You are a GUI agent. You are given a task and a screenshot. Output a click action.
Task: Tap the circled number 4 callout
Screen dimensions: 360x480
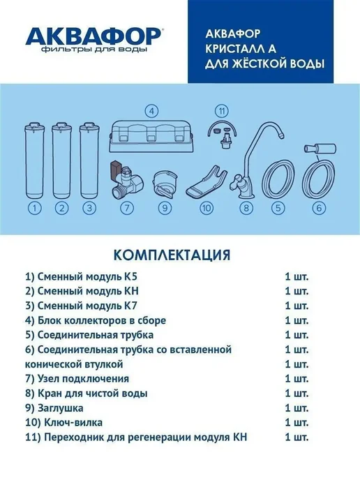(x=151, y=111)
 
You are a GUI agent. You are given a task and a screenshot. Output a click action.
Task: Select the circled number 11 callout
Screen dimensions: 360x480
(x=222, y=111)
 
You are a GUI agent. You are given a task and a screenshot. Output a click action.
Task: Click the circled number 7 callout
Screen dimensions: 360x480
(x=127, y=209)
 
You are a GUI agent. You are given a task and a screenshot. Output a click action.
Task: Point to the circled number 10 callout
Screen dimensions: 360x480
(x=206, y=209)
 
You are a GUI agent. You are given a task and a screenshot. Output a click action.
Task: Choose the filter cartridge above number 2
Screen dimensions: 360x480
(x=62, y=160)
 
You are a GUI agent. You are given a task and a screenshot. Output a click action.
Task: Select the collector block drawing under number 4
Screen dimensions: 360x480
(x=152, y=137)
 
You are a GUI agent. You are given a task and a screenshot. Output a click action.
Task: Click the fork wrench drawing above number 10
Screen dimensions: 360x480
(x=206, y=181)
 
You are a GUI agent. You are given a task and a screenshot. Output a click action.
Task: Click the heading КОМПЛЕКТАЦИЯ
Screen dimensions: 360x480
(x=172, y=255)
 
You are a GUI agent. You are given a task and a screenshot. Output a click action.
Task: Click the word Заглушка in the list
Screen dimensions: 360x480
(x=60, y=408)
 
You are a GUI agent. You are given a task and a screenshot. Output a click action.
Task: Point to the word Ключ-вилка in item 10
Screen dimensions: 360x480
(x=73, y=423)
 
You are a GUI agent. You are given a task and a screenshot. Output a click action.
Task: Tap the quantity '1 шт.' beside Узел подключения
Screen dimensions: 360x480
(x=297, y=379)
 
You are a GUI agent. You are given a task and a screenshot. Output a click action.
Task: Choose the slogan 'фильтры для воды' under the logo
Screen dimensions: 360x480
(x=94, y=50)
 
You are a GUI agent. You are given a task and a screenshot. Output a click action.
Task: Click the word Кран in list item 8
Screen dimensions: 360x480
(x=49, y=393)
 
